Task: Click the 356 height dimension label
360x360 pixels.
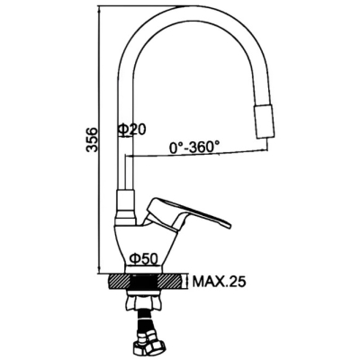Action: (92, 140)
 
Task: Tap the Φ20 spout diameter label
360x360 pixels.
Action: (132, 130)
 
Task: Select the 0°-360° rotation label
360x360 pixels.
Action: (193, 148)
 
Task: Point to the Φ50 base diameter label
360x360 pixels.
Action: (144, 257)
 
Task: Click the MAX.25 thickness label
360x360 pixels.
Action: (219, 282)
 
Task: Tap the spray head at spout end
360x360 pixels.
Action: (265, 121)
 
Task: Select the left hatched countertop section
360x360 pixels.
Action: (119, 281)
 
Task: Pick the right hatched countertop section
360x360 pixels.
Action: (169, 281)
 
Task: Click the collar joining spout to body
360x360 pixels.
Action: (126, 207)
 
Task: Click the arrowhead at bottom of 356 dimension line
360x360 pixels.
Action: (99, 269)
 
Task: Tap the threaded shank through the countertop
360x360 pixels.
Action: (144, 281)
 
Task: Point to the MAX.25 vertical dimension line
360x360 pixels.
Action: (188, 282)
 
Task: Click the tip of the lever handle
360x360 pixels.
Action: (229, 226)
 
